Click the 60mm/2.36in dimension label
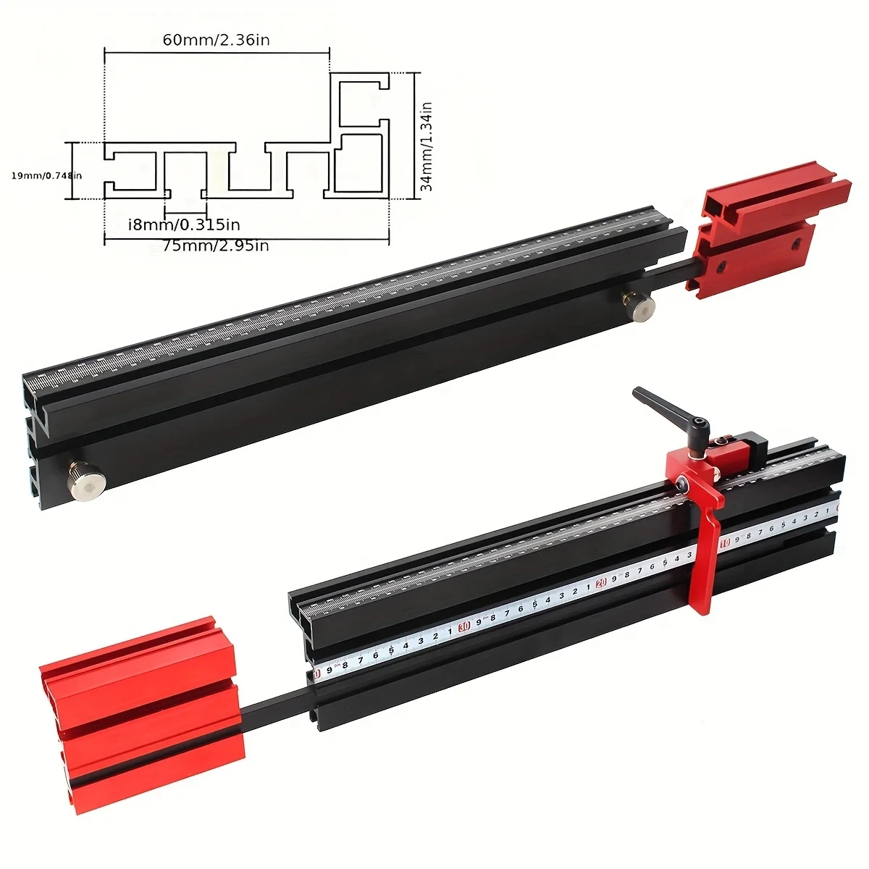click(x=216, y=40)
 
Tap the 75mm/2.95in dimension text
click(x=216, y=246)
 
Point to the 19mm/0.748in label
click(x=47, y=175)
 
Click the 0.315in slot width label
click(x=184, y=224)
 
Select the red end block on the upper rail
click(x=768, y=232)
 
